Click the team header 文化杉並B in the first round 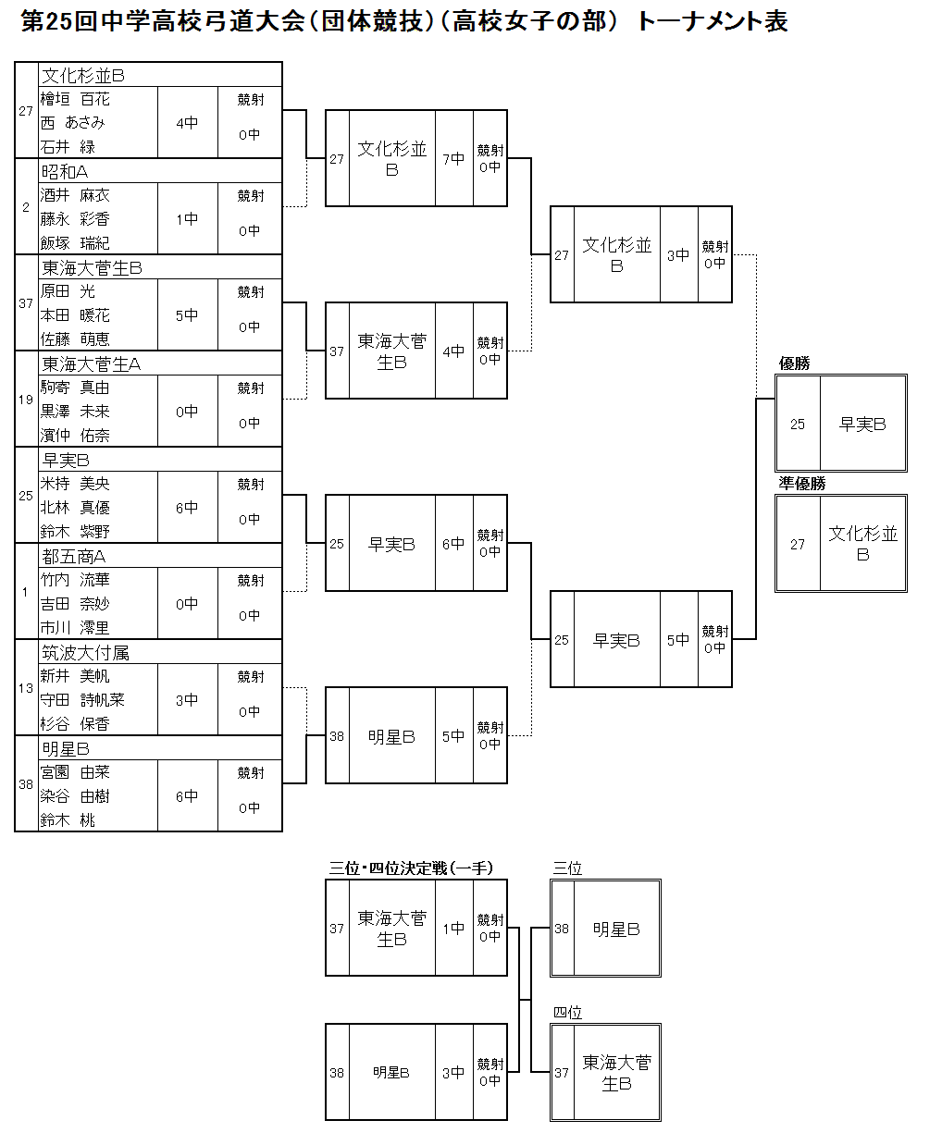click(83, 76)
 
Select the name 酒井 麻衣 click(75, 195)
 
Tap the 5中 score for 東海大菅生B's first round click(187, 315)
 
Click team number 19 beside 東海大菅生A click(26, 400)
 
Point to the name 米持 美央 click(75, 484)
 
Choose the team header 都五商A click(74, 556)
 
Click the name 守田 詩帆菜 click(82, 700)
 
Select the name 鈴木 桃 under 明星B click(68, 820)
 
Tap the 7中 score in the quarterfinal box click(453, 159)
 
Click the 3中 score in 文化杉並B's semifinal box click(678, 255)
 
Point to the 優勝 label click(795, 363)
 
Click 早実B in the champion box click(862, 425)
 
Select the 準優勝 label click(802, 484)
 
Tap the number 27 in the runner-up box click(798, 545)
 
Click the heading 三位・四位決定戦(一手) click(411, 868)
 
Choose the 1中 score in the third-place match click(453, 929)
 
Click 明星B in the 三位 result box click(616, 930)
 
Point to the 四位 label click(567, 1013)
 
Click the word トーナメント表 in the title click(712, 21)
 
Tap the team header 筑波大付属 click(85, 652)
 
